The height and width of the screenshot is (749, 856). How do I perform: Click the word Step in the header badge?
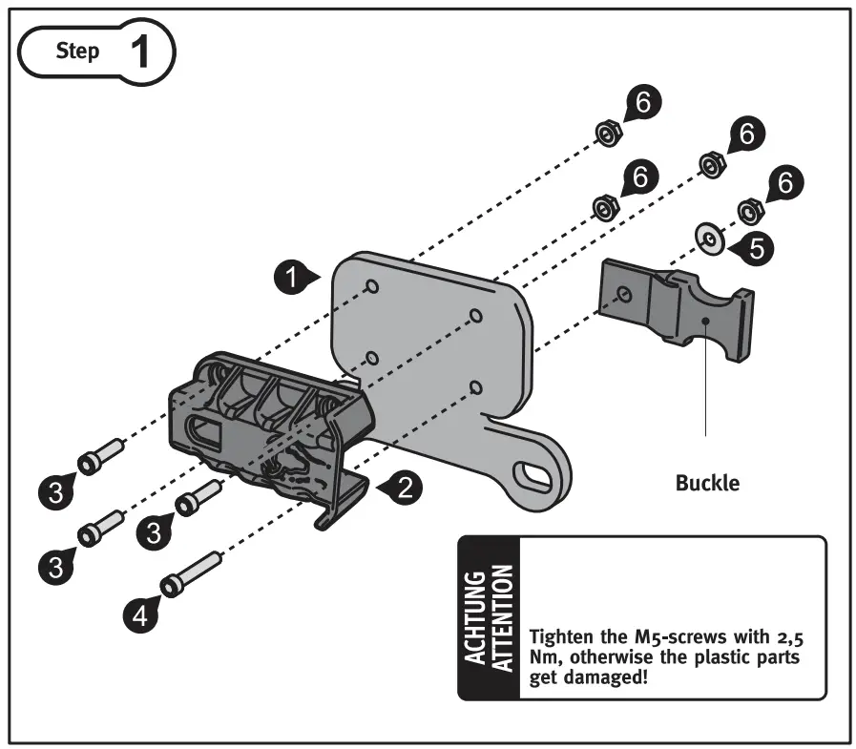click(x=77, y=52)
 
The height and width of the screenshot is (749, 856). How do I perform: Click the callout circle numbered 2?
click(x=405, y=489)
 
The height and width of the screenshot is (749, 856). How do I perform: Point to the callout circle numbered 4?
click(x=139, y=616)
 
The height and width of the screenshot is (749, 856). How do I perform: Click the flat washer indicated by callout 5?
click(x=708, y=236)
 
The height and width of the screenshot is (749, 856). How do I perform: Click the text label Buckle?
click(x=706, y=483)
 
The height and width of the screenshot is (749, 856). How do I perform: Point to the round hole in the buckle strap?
click(x=623, y=294)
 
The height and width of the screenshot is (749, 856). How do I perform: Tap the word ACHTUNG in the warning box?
click(x=475, y=618)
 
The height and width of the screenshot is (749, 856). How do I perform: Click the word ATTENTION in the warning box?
click(x=503, y=618)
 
